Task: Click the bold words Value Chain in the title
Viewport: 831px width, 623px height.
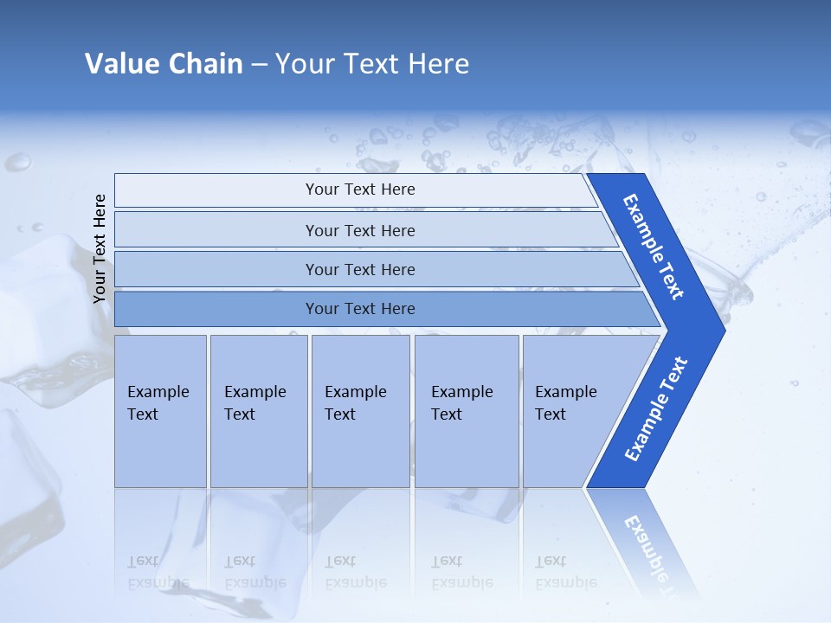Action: point(164,64)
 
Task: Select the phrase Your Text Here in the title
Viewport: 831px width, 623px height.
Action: point(372,64)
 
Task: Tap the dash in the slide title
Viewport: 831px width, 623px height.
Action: point(259,65)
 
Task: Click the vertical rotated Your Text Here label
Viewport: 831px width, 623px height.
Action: point(100,248)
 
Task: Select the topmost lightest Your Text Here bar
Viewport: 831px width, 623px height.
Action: point(360,189)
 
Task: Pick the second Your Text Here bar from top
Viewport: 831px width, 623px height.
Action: point(360,230)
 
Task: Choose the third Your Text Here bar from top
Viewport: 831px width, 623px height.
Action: point(360,269)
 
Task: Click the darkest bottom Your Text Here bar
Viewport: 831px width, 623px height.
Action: point(360,309)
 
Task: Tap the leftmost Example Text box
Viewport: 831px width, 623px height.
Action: point(160,410)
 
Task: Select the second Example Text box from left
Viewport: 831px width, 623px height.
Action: point(258,410)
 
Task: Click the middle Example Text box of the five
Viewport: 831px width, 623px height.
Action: point(360,410)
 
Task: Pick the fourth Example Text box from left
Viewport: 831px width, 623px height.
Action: point(467,410)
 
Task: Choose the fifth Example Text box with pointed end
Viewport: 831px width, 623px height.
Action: point(571,410)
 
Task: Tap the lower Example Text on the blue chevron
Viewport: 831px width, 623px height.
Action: point(655,409)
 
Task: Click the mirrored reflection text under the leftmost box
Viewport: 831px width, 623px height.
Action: point(158,572)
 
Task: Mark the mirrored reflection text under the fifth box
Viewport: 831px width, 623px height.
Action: point(566,572)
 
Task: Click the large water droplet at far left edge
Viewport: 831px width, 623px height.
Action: point(17,162)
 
